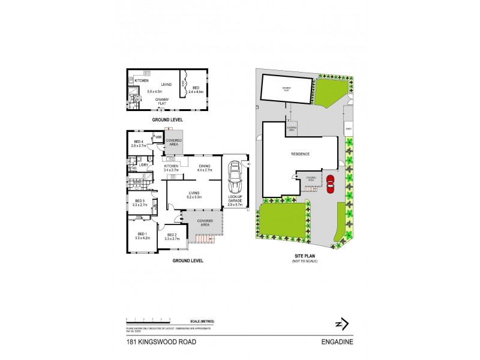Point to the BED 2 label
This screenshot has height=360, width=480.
click(x=172, y=235)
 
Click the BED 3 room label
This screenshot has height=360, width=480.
click(x=140, y=200)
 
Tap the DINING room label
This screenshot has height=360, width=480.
click(x=205, y=166)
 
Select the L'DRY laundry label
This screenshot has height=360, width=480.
click(x=143, y=164)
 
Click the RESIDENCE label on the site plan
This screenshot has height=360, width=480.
click(x=300, y=154)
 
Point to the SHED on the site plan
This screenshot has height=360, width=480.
click(x=348, y=128)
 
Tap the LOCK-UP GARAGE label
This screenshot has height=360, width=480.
click(x=234, y=199)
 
